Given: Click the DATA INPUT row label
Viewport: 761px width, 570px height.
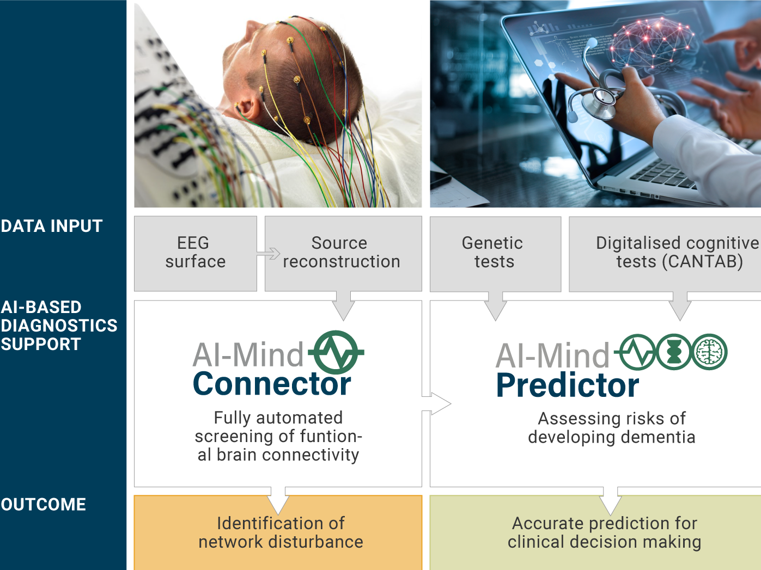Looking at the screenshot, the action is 51,226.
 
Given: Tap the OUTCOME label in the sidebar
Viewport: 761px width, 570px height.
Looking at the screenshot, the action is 44,505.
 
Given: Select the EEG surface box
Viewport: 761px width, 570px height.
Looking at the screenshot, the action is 196,254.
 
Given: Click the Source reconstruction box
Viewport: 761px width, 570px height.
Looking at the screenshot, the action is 343,254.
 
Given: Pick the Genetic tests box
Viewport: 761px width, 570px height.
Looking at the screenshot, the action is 495,254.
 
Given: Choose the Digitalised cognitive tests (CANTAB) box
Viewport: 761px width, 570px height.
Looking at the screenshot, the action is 665,254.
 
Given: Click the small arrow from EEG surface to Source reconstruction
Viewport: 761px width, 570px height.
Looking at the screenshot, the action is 269,254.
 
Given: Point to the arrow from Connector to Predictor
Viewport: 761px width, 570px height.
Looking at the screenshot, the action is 436,403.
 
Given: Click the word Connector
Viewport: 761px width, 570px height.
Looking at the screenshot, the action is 272,384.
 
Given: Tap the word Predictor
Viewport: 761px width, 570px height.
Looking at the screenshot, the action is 568,385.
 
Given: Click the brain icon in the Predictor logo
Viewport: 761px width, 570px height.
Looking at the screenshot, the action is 710,352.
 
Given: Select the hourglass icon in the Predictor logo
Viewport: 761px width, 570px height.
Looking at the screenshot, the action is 674,352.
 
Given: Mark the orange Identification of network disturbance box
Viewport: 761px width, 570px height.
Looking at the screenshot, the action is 278,533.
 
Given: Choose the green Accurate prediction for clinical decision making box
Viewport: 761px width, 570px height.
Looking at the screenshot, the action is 595,533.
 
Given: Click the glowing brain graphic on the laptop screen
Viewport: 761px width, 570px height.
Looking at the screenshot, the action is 652,44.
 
